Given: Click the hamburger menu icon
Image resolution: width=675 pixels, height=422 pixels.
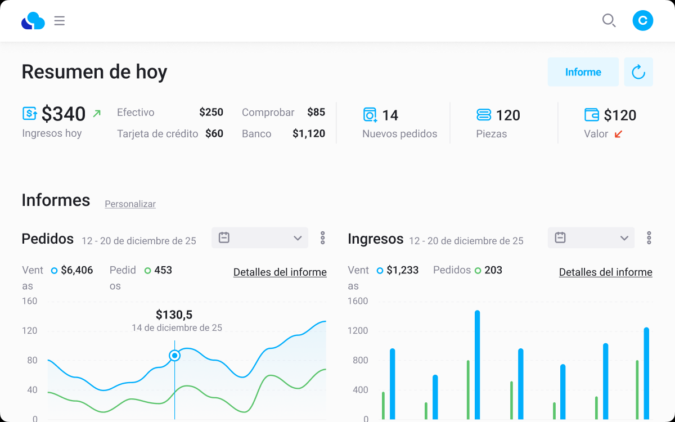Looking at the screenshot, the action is pyautogui.click(x=60, y=21).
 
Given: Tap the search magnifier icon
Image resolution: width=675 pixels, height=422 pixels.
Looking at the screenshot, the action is pyautogui.click(x=609, y=20).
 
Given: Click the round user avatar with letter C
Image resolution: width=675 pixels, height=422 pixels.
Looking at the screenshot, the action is pyautogui.click(x=642, y=20).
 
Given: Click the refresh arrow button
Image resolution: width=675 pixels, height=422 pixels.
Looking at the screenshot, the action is pyautogui.click(x=638, y=72).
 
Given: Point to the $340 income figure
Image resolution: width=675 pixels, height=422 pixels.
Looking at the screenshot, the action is pyautogui.click(x=64, y=114).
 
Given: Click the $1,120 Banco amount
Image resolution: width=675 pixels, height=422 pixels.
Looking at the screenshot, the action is pyautogui.click(x=309, y=133).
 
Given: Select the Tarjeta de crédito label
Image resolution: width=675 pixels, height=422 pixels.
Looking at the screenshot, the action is pyautogui.click(x=157, y=133).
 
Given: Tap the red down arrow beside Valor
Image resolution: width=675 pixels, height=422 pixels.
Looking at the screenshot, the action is pyautogui.click(x=618, y=134).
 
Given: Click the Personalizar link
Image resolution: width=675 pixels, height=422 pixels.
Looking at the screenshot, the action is pyautogui.click(x=130, y=204).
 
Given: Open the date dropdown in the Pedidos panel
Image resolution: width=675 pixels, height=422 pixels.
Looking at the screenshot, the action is pyautogui.click(x=260, y=238).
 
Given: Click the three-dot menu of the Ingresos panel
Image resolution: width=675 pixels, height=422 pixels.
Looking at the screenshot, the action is pyautogui.click(x=649, y=238).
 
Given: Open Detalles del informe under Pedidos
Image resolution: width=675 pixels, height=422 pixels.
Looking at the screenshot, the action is pyautogui.click(x=280, y=272).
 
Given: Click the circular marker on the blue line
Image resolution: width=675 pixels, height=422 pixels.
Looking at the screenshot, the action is pyautogui.click(x=174, y=356).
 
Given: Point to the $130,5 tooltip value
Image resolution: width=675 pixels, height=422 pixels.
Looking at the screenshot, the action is pyautogui.click(x=174, y=315).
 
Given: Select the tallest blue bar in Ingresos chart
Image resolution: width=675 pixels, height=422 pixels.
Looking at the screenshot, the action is pyautogui.click(x=478, y=365).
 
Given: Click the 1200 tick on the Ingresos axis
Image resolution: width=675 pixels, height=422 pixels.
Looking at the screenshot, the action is pyautogui.click(x=358, y=331).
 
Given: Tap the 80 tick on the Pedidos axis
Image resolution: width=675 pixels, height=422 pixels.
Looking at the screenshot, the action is pyautogui.click(x=32, y=360).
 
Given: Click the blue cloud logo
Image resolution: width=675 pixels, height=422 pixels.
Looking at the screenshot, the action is pyautogui.click(x=33, y=20).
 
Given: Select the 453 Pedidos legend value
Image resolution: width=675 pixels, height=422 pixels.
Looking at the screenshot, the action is pyautogui.click(x=163, y=270).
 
